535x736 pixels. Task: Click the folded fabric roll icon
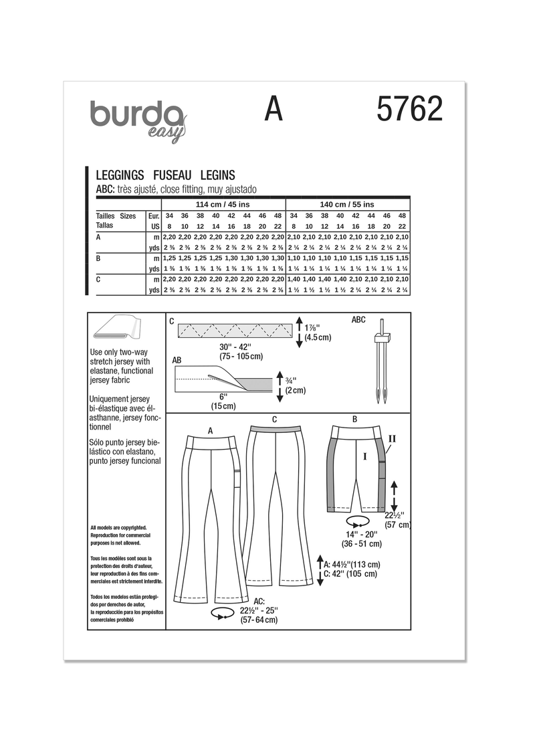[118, 331]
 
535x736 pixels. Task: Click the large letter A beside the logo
[274, 108]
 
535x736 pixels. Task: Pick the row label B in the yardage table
[99, 257]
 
